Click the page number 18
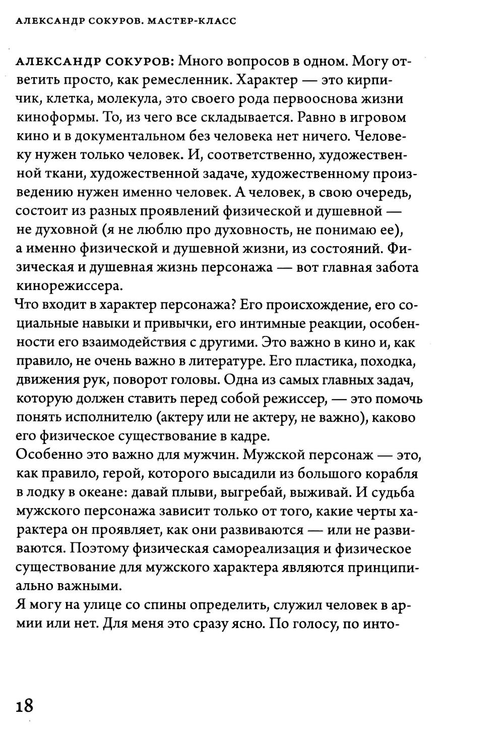pyautogui.click(x=24, y=704)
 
